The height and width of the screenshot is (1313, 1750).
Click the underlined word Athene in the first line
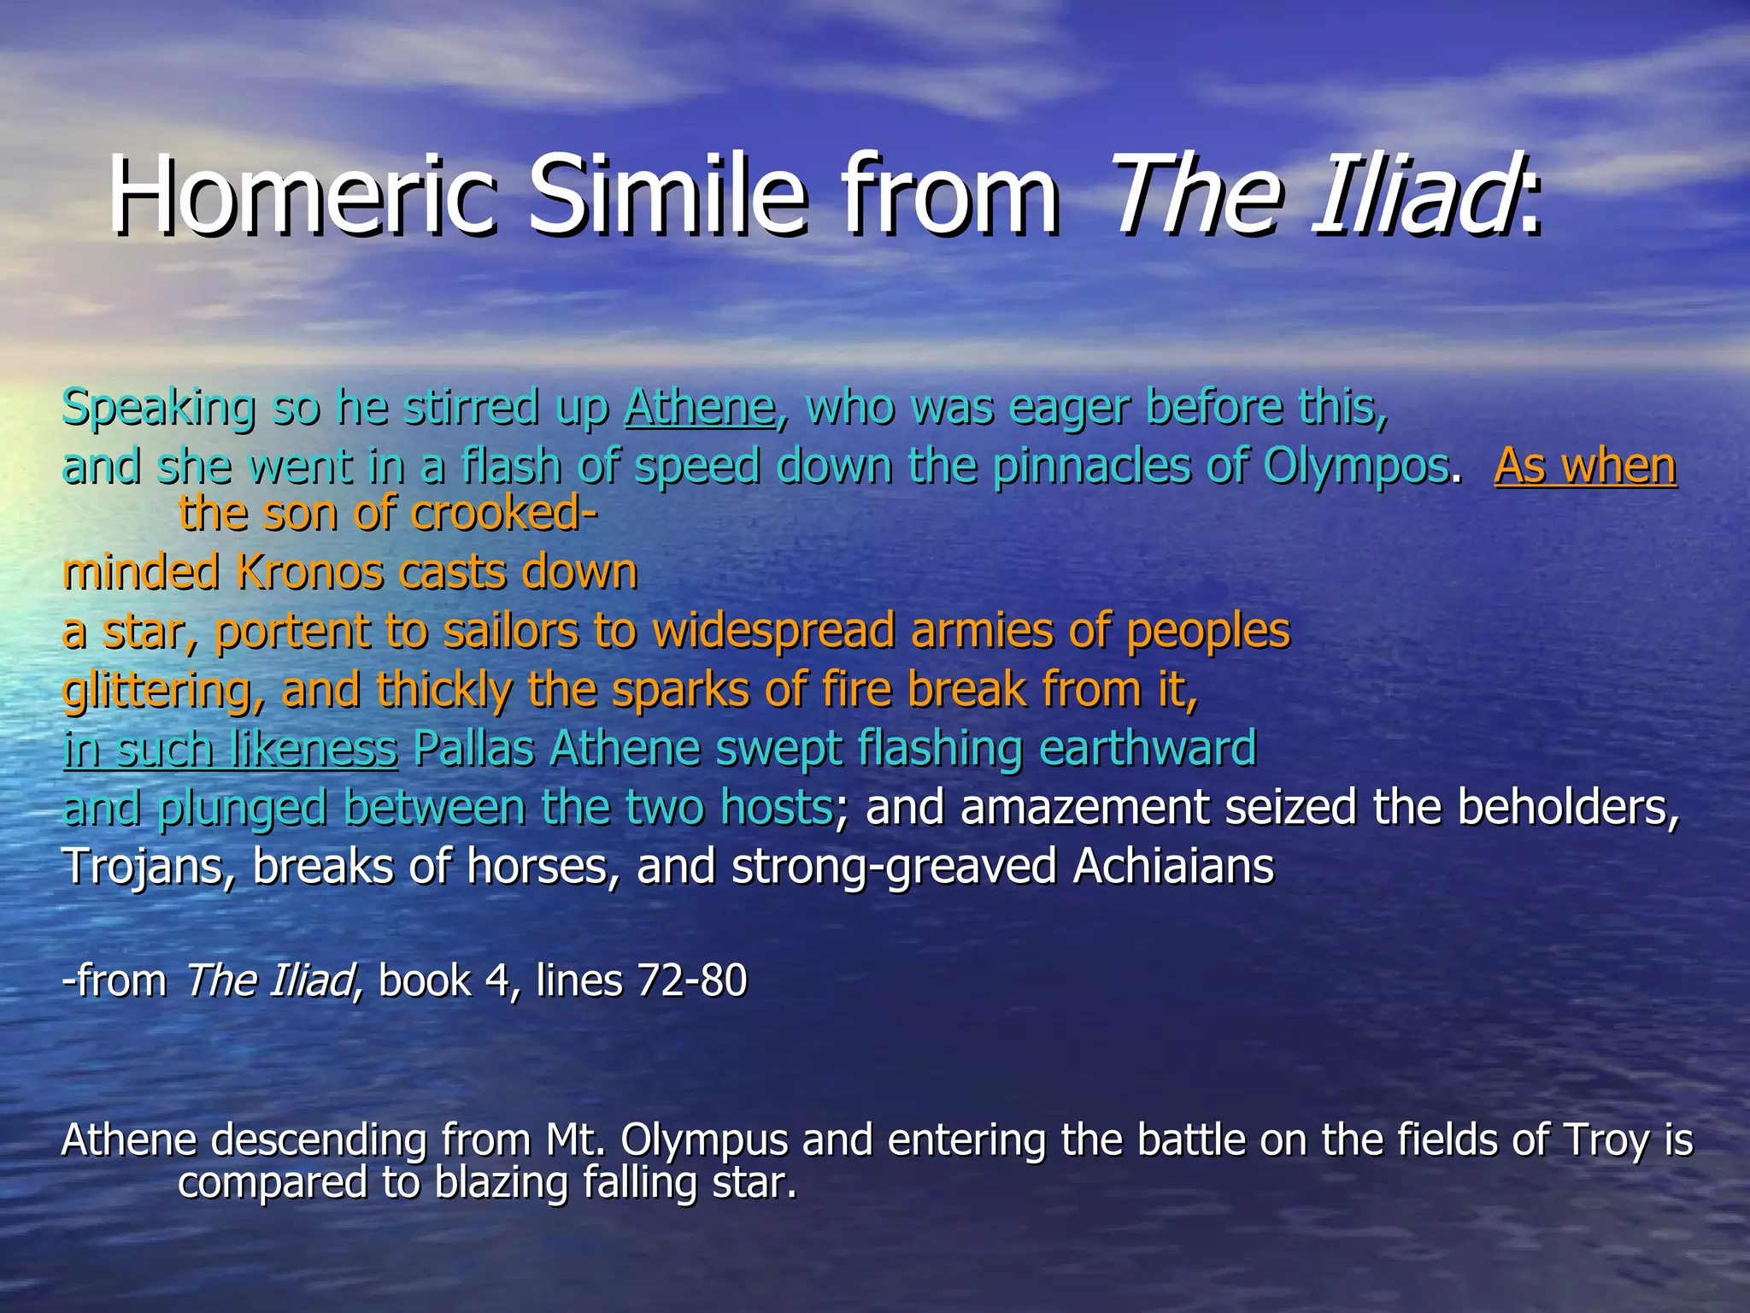(x=700, y=407)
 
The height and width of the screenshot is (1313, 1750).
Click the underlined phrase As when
(x=1585, y=467)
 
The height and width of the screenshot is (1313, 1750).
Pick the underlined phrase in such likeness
(x=231, y=750)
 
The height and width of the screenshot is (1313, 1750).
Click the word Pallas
(x=473, y=749)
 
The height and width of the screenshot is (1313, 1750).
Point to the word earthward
(x=1147, y=749)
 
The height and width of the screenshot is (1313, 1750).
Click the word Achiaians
(x=1172, y=867)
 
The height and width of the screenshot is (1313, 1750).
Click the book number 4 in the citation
(x=498, y=980)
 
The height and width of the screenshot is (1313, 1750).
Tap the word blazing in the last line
(x=502, y=1184)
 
